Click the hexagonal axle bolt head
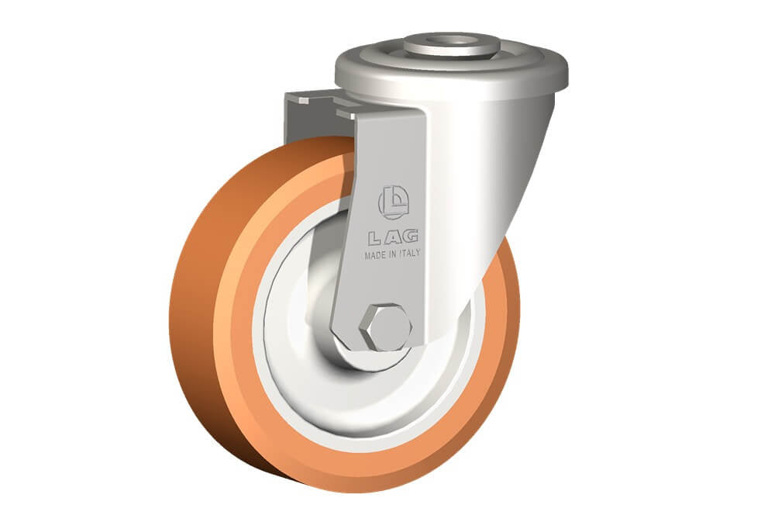pyautogui.click(x=385, y=327)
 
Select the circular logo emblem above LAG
pyautogui.click(x=394, y=202)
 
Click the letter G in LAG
pyautogui.click(x=410, y=236)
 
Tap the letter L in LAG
pyautogui.click(x=374, y=240)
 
